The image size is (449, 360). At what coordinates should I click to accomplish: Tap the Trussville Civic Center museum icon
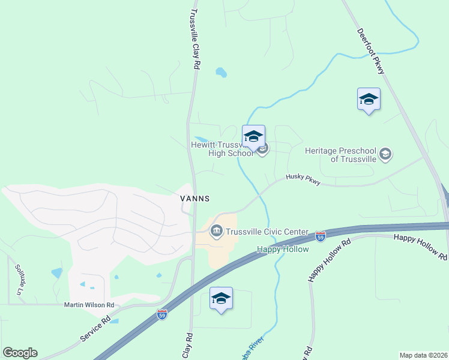[x=216, y=230]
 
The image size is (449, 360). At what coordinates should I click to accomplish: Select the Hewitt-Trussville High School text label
[x=221, y=149]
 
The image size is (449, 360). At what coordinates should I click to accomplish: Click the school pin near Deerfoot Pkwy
[x=369, y=100]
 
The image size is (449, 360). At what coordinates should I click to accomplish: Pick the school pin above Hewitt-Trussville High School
[x=253, y=137]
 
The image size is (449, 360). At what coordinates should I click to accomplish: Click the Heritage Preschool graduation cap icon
[x=385, y=155]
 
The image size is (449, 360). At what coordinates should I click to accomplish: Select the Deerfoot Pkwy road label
[x=370, y=51]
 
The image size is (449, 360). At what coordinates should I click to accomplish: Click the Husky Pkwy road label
[x=303, y=178]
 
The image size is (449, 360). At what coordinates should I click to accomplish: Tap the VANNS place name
[x=194, y=198]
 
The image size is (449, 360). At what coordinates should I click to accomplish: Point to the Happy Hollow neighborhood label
[x=283, y=249]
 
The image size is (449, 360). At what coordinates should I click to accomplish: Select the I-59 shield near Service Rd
[x=161, y=314]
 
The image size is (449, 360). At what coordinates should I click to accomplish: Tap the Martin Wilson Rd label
[x=89, y=305]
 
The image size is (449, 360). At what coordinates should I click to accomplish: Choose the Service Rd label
[x=95, y=329]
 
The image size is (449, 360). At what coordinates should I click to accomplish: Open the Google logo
[x=20, y=353]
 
